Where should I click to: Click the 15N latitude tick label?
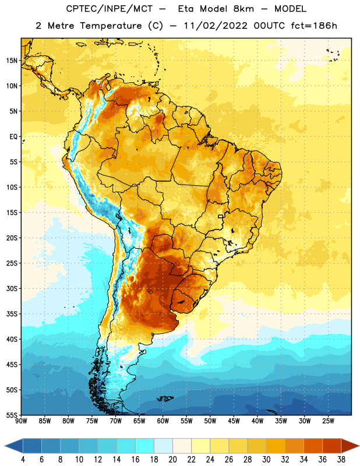12,61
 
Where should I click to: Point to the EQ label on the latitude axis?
13,137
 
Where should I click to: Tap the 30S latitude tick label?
12,288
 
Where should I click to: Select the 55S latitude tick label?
12,415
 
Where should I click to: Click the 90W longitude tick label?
21,421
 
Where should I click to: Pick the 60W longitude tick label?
163,421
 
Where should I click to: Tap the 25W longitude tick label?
328,421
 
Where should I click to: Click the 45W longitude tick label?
234,421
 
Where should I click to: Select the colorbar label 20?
172,460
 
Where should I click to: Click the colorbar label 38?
341,460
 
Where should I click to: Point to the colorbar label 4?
23,460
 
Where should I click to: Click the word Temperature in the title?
111,26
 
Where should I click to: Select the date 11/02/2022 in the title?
216,26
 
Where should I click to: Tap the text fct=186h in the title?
314,26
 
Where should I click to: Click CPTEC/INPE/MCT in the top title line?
109,9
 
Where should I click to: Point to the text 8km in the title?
243,9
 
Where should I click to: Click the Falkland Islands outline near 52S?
165,398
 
